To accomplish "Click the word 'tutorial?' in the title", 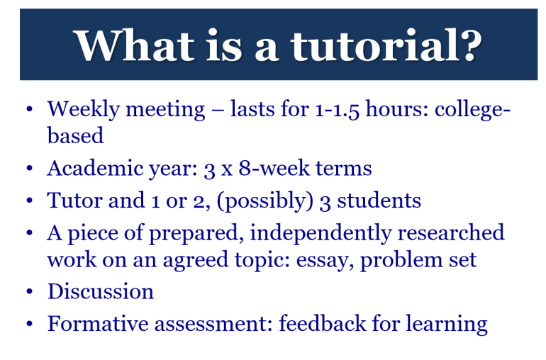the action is pyautogui.click(x=386, y=45).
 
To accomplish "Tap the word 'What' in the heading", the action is pyautogui.click(x=135, y=45).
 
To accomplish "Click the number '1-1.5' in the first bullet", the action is pyautogui.click(x=337, y=109).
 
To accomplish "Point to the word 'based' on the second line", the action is pyautogui.click(x=76, y=135).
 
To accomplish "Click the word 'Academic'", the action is pyautogui.click(x=95, y=168).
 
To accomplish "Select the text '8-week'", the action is pyautogui.click(x=274, y=168).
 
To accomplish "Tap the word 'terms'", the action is pyautogui.click(x=344, y=169).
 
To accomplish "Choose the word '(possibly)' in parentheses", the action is pyautogui.click(x=265, y=201).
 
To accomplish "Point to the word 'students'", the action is pyautogui.click(x=379, y=201).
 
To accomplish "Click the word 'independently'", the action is pyautogui.click(x=321, y=233).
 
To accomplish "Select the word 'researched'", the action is pyautogui.click(x=451, y=232).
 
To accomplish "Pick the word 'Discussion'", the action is pyautogui.click(x=100, y=291).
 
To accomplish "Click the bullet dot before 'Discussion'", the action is pyautogui.click(x=29, y=291).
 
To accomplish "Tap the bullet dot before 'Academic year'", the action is pyautogui.click(x=29, y=169).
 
